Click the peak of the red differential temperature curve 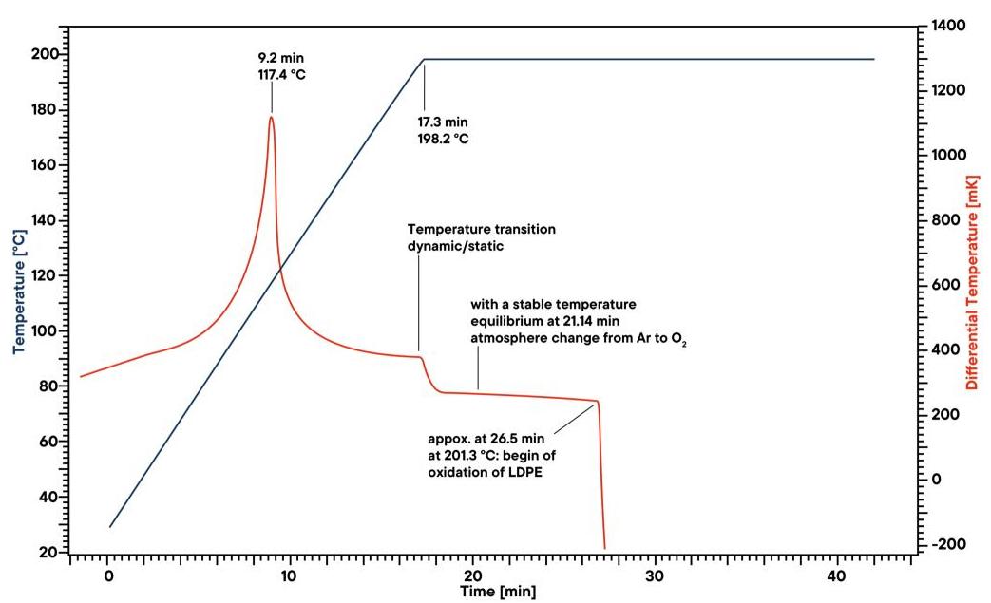point(271,117)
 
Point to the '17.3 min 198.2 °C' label point(443,130)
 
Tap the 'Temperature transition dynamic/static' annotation point(482,237)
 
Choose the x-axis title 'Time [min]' point(498,591)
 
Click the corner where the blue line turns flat point(424,59)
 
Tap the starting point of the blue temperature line point(110,526)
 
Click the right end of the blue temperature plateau point(873,59)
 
